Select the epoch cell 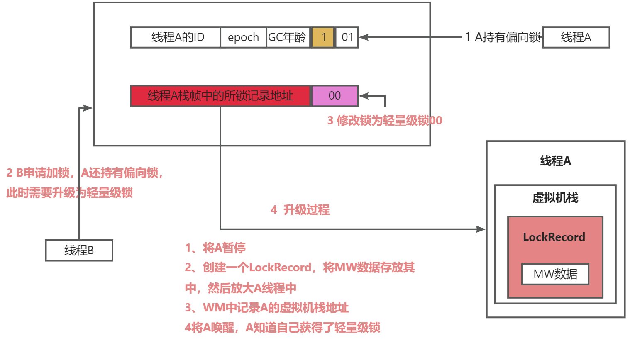pos(243,37)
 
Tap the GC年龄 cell pos(288,37)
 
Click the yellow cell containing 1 pos(323,37)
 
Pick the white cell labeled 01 pos(347,37)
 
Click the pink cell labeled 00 pos(335,96)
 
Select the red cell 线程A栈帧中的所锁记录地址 pos(220,96)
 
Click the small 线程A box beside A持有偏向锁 pos(576,37)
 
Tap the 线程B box pos(79,251)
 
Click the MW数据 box pos(555,274)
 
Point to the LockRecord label pos(554,237)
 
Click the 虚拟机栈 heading pos(555,198)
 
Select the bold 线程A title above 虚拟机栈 pos(555,161)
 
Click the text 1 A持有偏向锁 pos(503,37)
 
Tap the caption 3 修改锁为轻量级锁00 pos(385,121)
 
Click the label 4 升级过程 pos(300,210)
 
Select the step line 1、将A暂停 pos(215,248)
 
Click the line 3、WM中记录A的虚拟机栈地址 pos(267,308)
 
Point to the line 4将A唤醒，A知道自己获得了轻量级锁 pos(282,328)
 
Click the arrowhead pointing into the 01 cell pos(364,37)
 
